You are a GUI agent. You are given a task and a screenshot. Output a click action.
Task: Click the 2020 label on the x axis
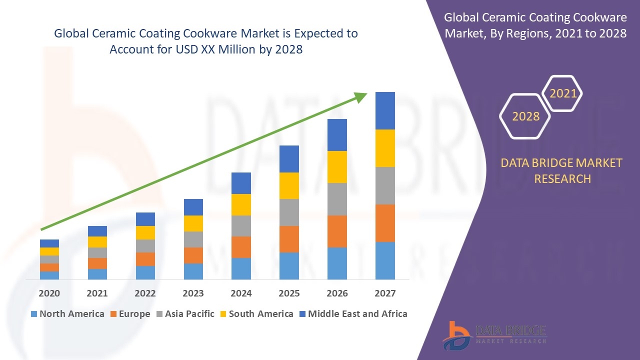pyautogui.click(x=49, y=293)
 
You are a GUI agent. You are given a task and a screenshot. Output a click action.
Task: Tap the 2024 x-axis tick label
pyautogui.click(x=241, y=293)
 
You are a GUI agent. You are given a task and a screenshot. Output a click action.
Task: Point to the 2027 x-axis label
pyautogui.click(x=385, y=293)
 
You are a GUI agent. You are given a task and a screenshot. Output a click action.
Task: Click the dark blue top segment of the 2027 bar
pyautogui.click(x=385, y=110)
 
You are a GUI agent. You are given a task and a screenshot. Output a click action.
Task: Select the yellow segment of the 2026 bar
pyautogui.click(x=337, y=167)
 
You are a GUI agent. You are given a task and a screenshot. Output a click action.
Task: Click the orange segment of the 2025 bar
pyautogui.click(x=289, y=239)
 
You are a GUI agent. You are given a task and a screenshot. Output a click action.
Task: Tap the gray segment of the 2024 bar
pyautogui.click(x=241, y=226)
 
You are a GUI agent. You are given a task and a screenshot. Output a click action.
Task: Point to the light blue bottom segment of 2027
pyautogui.click(x=385, y=260)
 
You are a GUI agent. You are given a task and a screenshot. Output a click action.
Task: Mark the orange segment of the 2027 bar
pyautogui.click(x=385, y=223)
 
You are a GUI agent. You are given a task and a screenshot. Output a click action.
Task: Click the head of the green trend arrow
pyautogui.click(x=361, y=96)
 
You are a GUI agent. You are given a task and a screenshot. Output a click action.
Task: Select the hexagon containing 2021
pyautogui.click(x=563, y=93)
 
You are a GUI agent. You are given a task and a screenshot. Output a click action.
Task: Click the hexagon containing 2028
pyautogui.click(x=525, y=116)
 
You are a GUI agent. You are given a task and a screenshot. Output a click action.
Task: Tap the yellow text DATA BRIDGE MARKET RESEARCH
pyautogui.click(x=562, y=171)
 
